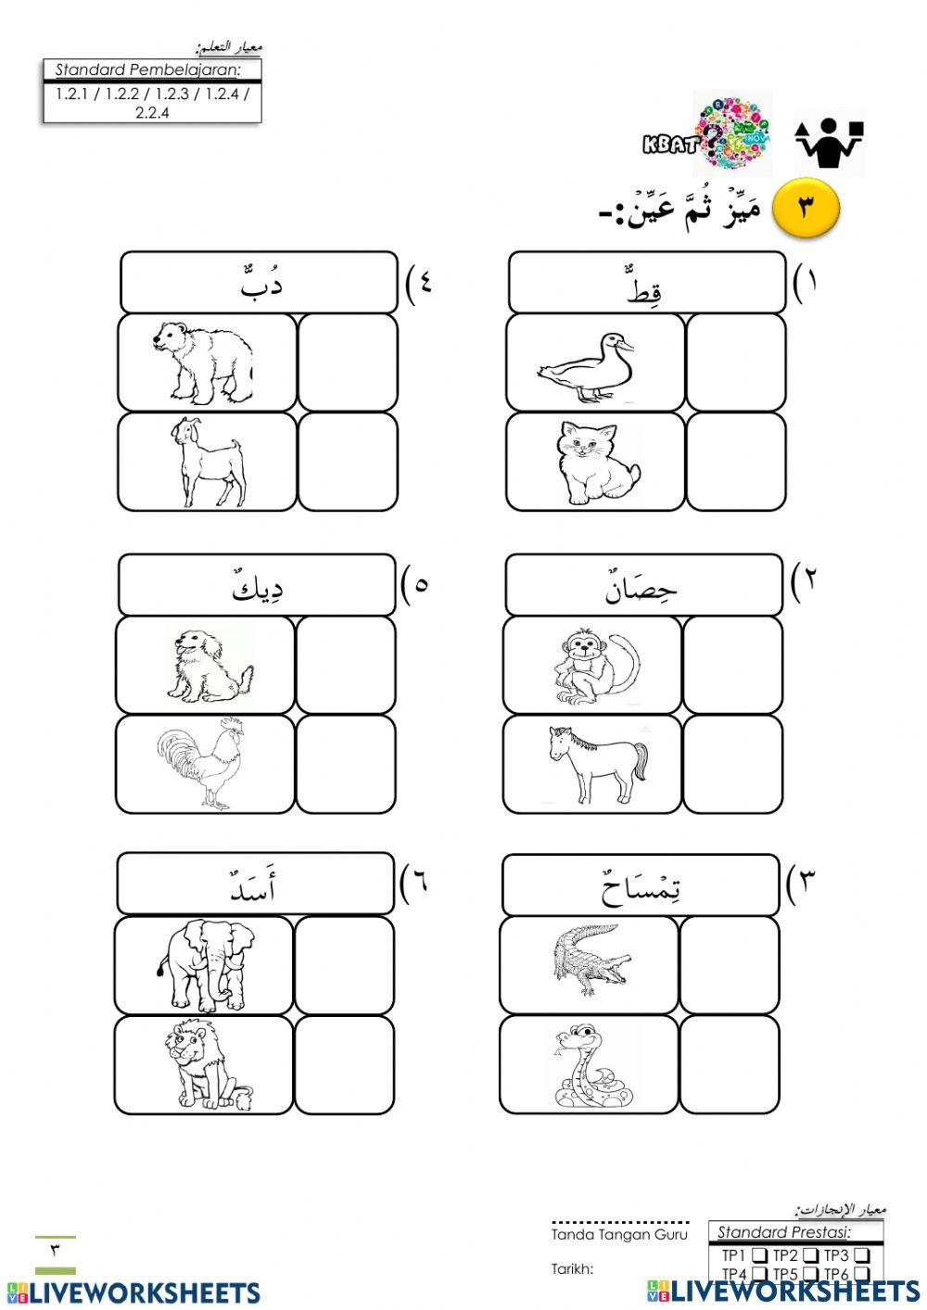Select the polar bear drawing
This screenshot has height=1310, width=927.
[205, 361]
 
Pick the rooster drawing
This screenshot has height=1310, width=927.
[201, 764]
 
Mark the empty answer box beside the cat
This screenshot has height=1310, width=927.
[736, 462]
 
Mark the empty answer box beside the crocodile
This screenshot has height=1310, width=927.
[730, 965]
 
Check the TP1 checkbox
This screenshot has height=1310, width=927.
[759, 1255]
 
